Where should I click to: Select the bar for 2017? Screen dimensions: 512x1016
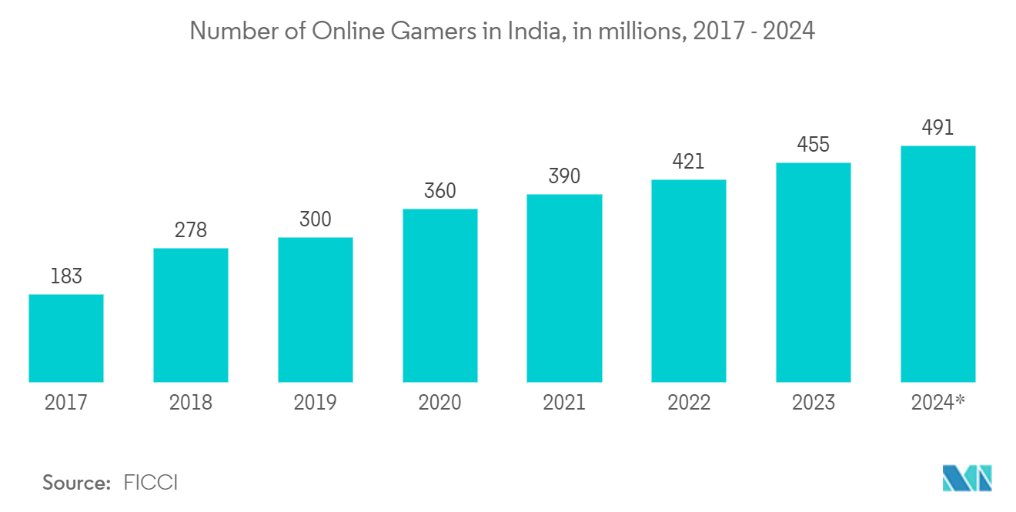(66, 338)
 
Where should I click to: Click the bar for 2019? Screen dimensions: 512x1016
(316, 310)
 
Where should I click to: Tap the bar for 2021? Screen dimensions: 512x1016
(564, 288)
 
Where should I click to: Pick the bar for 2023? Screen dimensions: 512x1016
(814, 273)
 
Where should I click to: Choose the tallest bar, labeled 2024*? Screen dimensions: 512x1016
(937, 264)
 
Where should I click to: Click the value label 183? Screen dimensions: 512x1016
(66, 276)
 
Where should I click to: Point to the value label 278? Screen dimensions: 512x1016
(191, 230)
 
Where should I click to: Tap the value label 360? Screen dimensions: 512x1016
(440, 191)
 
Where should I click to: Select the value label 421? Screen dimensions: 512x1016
(689, 162)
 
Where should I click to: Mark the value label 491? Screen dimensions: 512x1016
(937, 128)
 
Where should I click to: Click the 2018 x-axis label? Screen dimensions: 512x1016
(191, 403)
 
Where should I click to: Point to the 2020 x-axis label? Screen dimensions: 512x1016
(440, 403)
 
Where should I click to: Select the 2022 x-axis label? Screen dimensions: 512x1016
(689, 403)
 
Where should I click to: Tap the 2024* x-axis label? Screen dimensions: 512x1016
(937, 403)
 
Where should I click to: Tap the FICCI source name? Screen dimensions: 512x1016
(151, 484)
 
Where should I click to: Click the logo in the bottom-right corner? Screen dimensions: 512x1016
(968, 478)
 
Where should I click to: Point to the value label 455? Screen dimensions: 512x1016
(814, 145)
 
